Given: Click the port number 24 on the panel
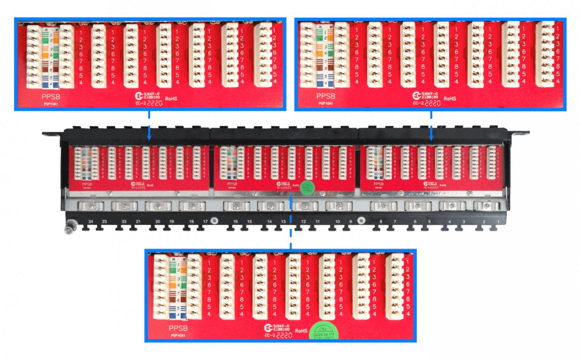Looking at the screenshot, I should [x=91, y=222].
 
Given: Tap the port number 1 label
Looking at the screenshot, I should [x=498, y=222].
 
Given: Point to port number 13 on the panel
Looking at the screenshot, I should [x=283, y=222].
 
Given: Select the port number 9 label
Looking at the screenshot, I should [x=350, y=222].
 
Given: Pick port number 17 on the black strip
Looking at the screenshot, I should [x=205, y=222].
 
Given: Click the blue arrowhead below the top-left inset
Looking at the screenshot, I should [x=149, y=137].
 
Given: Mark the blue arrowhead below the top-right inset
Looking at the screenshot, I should [x=431, y=137].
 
